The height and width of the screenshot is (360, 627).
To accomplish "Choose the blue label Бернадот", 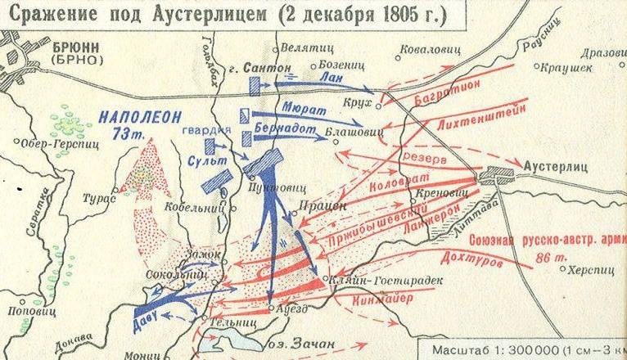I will (x=286, y=128).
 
